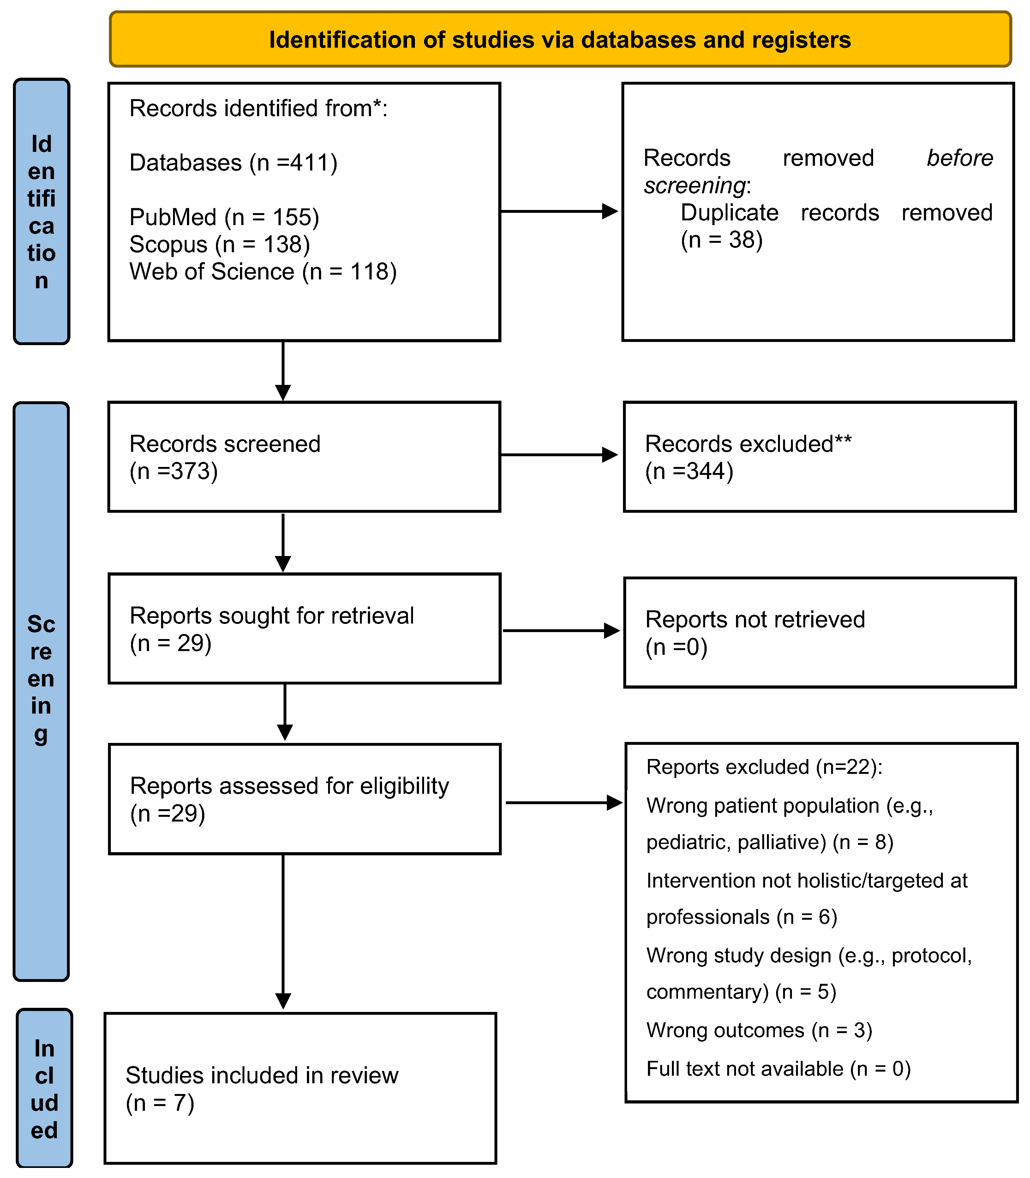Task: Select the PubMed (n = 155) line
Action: coord(224,217)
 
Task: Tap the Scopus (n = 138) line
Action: coord(219,244)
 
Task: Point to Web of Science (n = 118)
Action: coord(263,271)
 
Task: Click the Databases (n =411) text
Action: coord(233,163)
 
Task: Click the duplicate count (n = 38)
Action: coord(721,240)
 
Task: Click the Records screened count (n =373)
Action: coord(174,471)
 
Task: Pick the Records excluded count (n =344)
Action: coord(689,471)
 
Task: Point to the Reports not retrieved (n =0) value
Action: coord(676,647)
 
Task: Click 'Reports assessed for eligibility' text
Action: coord(289,786)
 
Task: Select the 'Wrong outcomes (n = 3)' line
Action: coord(759,1030)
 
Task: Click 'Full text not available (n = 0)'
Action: coord(778,1069)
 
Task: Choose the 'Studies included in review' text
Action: coord(261,1075)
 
